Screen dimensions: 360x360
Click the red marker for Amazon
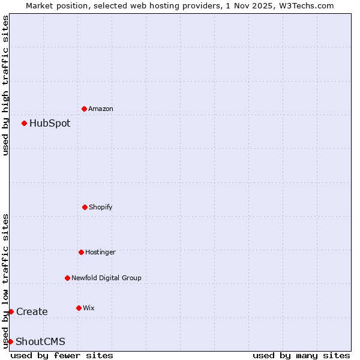point(84,109)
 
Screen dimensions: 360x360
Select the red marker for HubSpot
point(24,123)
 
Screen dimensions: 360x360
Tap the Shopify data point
point(85,207)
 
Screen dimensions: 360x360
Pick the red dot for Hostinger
point(81,252)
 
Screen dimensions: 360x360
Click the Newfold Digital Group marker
point(67,278)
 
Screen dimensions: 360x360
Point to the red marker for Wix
point(79,308)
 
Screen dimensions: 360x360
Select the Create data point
point(11,311)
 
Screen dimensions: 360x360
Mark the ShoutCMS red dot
point(10,341)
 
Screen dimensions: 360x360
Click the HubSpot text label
point(50,124)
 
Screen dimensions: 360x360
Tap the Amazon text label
point(101,109)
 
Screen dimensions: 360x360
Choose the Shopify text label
point(101,207)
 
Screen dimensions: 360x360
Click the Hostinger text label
point(100,252)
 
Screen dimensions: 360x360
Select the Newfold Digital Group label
point(106,278)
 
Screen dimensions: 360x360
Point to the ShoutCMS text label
point(40,342)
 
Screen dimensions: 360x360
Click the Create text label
point(32,312)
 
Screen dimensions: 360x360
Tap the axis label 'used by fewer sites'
point(62,355)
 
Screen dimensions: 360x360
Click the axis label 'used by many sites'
point(301,355)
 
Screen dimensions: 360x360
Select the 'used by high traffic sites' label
point(5,86)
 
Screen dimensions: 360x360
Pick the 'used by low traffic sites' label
point(5,281)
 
